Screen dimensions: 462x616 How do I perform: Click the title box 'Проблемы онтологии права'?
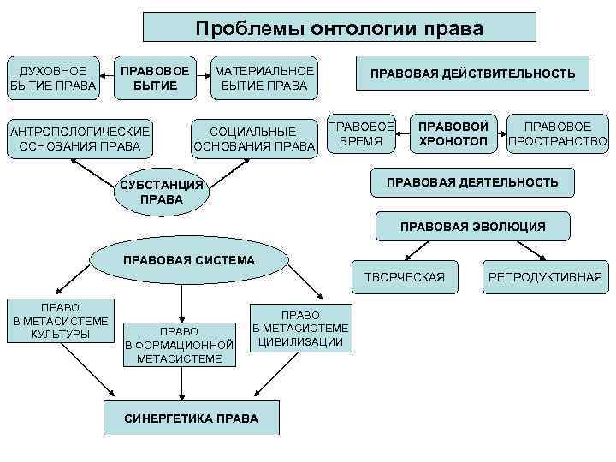click(339, 27)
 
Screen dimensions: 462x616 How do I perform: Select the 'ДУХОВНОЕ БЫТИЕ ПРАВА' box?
click(53, 78)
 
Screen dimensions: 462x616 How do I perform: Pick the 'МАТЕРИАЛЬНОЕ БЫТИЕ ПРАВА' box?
click(264, 78)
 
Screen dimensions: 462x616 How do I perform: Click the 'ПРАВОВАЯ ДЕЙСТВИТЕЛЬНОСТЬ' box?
click(472, 74)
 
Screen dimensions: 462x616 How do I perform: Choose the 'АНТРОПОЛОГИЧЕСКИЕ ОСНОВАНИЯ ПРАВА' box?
click(79, 138)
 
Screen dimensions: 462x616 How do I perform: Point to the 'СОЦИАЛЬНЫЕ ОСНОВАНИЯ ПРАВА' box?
click(255, 138)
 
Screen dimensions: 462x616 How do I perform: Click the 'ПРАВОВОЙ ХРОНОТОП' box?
click(453, 133)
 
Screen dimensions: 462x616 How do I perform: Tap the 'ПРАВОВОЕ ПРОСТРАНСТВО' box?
click(557, 133)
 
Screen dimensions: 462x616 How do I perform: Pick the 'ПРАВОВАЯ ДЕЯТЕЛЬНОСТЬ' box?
click(472, 182)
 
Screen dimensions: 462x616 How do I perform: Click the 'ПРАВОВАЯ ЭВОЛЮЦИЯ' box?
click(472, 227)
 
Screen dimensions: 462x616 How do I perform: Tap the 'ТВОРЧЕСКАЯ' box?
click(405, 276)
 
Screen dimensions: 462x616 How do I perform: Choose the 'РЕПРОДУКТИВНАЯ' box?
click(545, 276)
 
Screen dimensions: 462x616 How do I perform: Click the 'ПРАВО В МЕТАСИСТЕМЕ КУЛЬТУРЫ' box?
click(60, 320)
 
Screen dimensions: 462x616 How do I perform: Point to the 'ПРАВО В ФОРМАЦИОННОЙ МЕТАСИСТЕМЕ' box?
click(180, 345)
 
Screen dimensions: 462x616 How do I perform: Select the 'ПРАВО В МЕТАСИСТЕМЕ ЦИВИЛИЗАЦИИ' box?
click(299, 328)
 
